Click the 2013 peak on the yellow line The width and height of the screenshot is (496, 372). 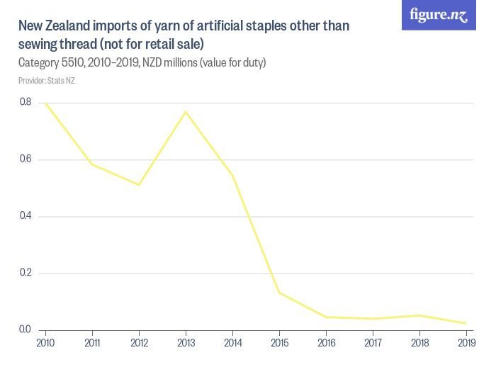pyautogui.click(x=186, y=111)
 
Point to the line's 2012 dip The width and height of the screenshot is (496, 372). pyautogui.click(x=139, y=185)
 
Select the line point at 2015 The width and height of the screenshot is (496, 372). pyautogui.click(x=279, y=293)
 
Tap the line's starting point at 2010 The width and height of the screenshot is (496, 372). pyautogui.click(x=46, y=103)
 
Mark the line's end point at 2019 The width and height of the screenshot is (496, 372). pyautogui.click(x=466, y=324)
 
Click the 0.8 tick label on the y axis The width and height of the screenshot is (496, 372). pyautogui.click(x=25, y=102)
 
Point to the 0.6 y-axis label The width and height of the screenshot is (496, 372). pyautogui.click(x=25, y=159)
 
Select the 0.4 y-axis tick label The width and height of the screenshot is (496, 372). pyautogui.click(x=25, y=216)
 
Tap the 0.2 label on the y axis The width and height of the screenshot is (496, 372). pyautogui.click(x=25, y=273)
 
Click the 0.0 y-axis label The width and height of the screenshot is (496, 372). pyautogui.click(x=25, y=329)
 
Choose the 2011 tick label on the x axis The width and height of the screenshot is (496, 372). pyautogui.click(x=92, y=344)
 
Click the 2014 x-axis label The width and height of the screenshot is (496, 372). pyautogui.click(x=232, y=344)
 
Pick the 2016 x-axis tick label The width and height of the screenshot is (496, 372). pyautogui.click(x=326, y=344)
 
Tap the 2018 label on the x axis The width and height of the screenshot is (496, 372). pyautogui.click(x=419, y=344)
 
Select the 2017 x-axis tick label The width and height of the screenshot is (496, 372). pyautogui.click(x=373, y=344)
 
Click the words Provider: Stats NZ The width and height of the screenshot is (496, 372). pyautogui.click(x=47, y=81)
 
